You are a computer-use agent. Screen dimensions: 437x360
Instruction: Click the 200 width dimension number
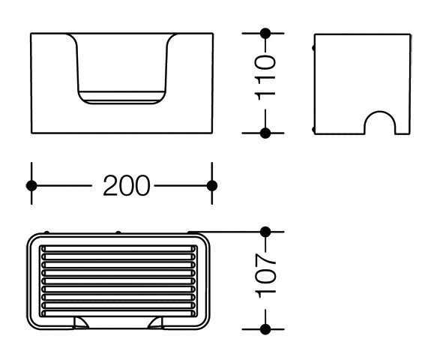(x=127, y=185)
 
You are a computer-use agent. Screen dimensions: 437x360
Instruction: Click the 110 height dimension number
(x=265, y=77)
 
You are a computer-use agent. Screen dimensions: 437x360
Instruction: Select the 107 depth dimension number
(x=265, y=275)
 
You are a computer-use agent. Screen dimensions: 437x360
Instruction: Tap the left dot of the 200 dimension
(x=31, y=186)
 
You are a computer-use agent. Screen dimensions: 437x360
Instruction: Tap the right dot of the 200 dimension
(x=212, y=186)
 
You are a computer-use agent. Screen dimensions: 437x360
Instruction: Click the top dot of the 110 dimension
(x=265, y=34)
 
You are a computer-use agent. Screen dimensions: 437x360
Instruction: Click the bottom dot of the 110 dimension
(x=265, y=133)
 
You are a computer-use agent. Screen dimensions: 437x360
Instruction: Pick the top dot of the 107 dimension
(x=265, y=232)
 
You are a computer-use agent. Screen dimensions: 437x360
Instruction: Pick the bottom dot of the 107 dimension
(x=265, y=329)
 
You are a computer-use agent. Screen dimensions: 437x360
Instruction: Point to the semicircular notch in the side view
(x=379, y=112)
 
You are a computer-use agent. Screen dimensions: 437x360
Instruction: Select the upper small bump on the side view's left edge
(x=313, y=48)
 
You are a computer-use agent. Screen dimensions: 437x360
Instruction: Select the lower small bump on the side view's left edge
(x=313, y=130)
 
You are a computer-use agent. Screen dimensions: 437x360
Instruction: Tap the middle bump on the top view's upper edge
(x=118, y=232)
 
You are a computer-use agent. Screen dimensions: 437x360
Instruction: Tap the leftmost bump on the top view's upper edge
(x=46, y=232)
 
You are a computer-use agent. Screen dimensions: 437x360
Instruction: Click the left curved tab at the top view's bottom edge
(x=81, y=322)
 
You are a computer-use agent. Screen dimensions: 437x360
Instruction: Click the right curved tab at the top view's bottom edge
(x=155, y=322)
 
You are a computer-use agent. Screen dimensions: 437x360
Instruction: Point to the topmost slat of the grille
(x=118, y=249)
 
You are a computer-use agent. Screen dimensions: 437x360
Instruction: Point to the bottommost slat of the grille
(x=118, y=313)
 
